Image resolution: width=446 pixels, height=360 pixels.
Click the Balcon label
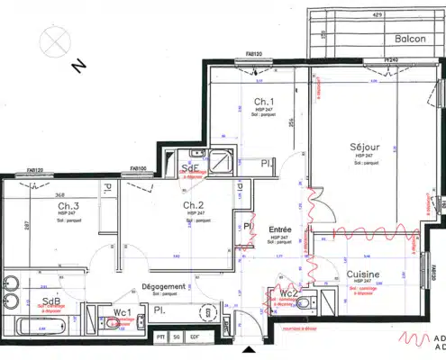410,40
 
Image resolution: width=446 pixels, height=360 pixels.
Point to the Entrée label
280,230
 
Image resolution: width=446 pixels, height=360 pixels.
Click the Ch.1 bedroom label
263,101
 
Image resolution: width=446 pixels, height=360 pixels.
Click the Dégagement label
162,286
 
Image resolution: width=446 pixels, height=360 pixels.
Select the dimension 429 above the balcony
378,15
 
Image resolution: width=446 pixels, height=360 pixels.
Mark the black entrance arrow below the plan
250,350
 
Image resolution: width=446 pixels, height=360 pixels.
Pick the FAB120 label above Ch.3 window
34,169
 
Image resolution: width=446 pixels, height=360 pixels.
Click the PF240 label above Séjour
390,60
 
